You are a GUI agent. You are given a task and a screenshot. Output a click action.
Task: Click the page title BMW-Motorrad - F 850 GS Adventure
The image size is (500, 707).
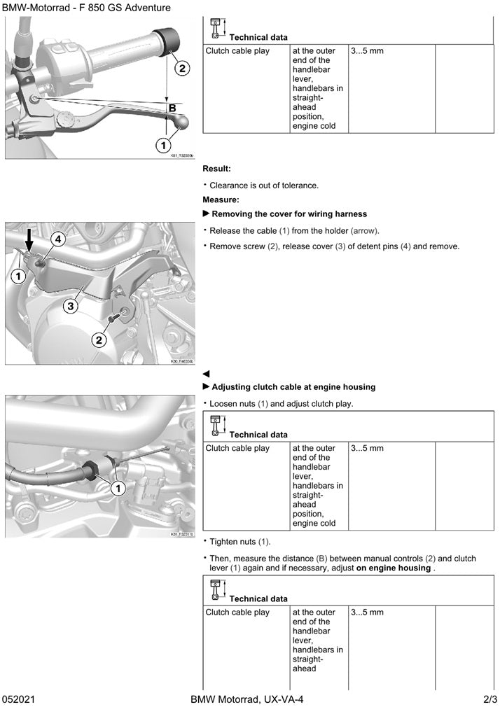coord(86,8)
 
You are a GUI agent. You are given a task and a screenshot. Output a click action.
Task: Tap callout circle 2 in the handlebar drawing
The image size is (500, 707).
coord(181,69)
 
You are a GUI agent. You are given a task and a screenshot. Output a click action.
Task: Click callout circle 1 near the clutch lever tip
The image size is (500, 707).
coord(162,145)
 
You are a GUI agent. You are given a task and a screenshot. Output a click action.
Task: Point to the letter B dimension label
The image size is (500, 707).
coord(172,108)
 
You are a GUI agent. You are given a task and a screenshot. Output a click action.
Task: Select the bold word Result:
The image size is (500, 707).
coord(216,169)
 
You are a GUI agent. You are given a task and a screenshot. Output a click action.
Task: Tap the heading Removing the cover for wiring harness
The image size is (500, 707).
coord(289,213)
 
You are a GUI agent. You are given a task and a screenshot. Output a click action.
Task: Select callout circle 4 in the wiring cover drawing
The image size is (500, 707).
coord(58,239)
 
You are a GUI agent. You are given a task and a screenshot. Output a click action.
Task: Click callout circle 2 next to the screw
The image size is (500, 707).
coord(99,340)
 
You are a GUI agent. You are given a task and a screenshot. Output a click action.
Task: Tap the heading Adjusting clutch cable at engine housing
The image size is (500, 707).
coord(293,386)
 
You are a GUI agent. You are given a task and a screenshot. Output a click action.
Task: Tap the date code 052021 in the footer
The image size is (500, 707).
coord(19,699)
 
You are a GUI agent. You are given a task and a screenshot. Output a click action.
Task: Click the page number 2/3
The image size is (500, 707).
coord(489,699)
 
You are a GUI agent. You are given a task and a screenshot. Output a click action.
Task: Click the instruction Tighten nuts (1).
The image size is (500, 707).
coord(240,542)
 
